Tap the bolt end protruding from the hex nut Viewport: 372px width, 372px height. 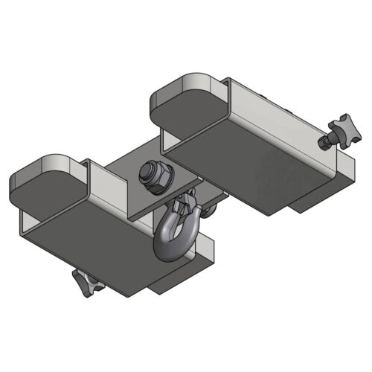pyautogui.click(x=155, y=172)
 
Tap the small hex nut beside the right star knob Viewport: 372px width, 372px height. pyautogui.click(x=325, y=141)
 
